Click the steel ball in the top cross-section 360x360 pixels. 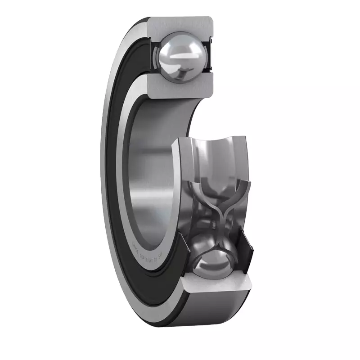coord(180,58)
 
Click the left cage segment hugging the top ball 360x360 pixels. coord(157,58)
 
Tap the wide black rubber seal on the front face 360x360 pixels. coord(118,180)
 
